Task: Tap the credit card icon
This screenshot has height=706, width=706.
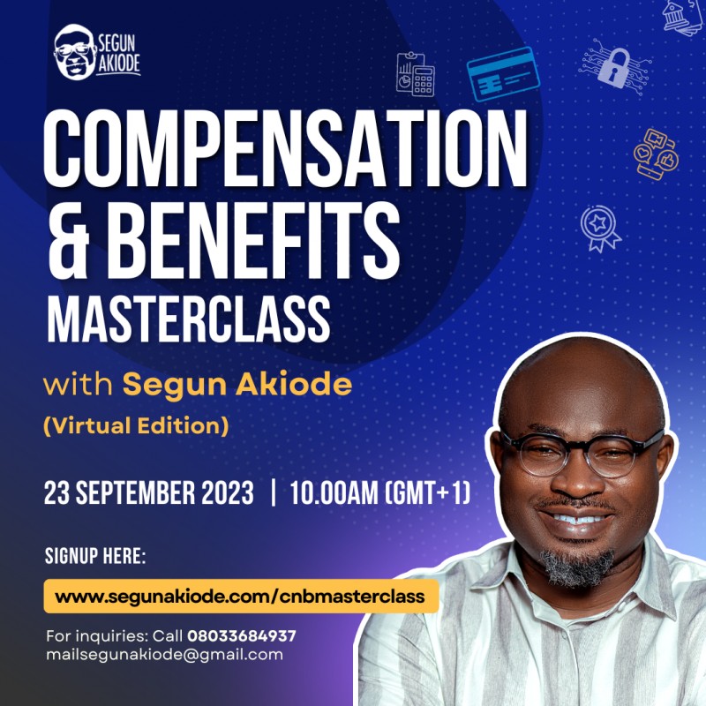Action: [502, 74]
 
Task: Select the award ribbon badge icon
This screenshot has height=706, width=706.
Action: [601, 227]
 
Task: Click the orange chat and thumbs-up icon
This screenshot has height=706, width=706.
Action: [656, 154]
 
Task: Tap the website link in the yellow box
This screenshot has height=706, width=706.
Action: [240, 597]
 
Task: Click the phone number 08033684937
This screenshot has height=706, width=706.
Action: [242, 635]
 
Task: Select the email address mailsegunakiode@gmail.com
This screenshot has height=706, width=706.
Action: [164, 655]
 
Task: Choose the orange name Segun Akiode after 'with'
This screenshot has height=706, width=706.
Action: [237, 386]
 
